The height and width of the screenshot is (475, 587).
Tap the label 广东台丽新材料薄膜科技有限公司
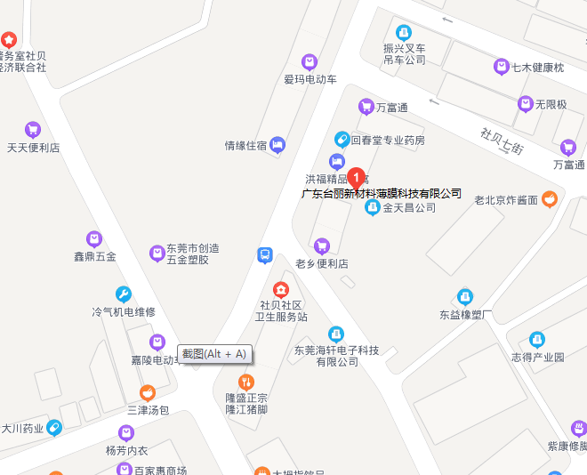(x=382, y=193)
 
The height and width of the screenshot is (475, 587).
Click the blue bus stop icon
(x=264, y=255)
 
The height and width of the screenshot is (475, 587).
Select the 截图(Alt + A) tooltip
(x=215, y=354)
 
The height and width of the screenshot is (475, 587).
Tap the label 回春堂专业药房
(x=388, y=140)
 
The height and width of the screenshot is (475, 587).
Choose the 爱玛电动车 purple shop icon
(x=310, y=61)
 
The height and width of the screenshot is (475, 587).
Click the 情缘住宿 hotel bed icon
(x=278, y=144)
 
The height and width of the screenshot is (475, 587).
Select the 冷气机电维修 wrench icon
(x=124, y=294)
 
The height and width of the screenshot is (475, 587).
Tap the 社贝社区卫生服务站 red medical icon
(x=281, y=289)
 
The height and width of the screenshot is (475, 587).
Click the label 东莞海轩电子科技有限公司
(x=337, y=356)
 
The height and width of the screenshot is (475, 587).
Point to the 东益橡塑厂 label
(x=465, y=314)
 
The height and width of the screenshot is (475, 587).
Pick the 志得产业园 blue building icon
(x=537, y=339)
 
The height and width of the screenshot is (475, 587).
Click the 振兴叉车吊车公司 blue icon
(x=404, y=32)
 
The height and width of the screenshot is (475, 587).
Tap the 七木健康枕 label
(x=542, y=67)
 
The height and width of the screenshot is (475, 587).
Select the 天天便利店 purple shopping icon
(x=33, y=129)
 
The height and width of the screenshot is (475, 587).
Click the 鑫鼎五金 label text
(x=95, y=256)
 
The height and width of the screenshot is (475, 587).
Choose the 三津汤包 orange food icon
(x=148, y=392)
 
